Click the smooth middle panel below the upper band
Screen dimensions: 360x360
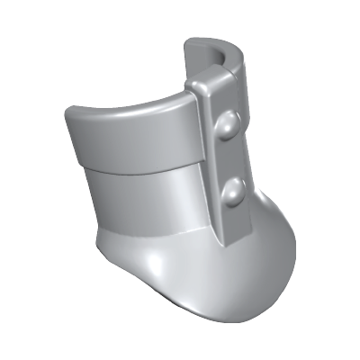tap(144, 202)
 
